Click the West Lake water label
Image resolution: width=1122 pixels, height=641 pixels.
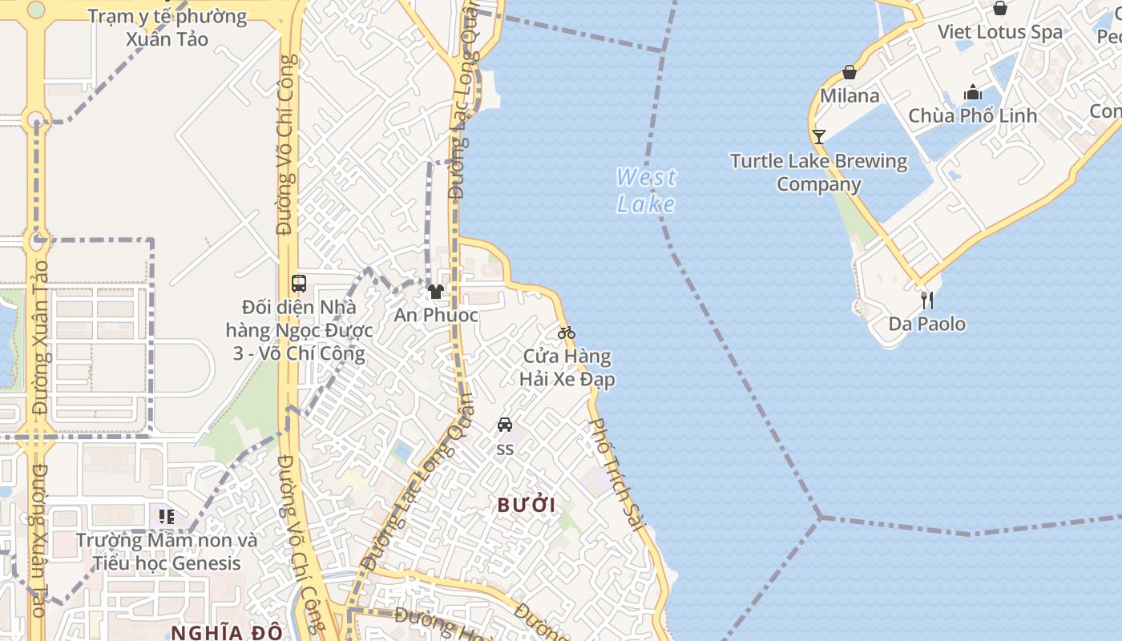coord(646,190)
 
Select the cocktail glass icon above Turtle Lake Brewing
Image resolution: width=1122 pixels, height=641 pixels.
coord(818,137)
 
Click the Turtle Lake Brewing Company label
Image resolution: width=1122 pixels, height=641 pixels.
coord(818,172)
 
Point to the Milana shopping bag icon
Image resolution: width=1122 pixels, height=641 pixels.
coord(850,73)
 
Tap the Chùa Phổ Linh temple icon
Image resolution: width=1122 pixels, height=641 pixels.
coord(973,92)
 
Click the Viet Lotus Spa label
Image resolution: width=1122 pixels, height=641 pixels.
coord(999,32)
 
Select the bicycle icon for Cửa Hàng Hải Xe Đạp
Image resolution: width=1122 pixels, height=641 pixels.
coord(567,333)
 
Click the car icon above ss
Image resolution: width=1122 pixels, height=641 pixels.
coord(505,425)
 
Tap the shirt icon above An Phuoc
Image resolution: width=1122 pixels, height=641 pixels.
coord(436,292)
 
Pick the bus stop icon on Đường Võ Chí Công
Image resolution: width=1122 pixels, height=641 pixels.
coord(299,283)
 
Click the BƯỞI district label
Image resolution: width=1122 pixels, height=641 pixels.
coord(527,506)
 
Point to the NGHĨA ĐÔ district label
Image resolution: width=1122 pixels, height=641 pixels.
coord(227,632)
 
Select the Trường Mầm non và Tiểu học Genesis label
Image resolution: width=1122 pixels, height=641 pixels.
coord(167,551)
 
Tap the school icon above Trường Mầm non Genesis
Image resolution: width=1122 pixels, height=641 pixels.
coord(167,517)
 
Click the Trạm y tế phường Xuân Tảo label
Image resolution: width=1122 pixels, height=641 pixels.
coord(167,27)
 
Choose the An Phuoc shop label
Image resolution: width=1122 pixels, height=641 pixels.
coord(436,315)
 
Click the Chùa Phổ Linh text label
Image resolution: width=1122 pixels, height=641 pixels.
coord(972,115)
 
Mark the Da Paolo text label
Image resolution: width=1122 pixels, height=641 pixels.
coord(926,325)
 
